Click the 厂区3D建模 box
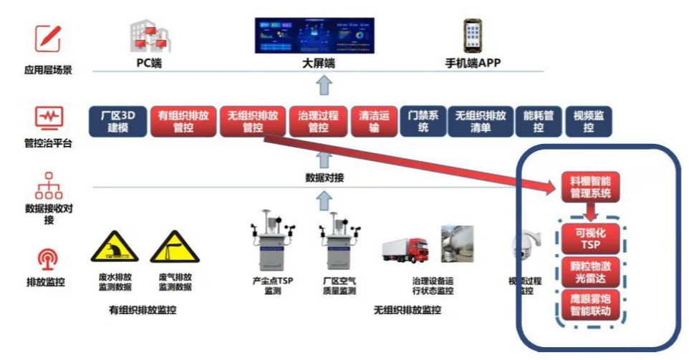point(117,121)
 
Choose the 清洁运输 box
point(373,121)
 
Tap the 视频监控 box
point(589,121)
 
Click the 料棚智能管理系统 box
point(590,186)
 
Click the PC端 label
point(149,63)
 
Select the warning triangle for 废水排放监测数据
point(114,248)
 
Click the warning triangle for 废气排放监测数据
point(174,248)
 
